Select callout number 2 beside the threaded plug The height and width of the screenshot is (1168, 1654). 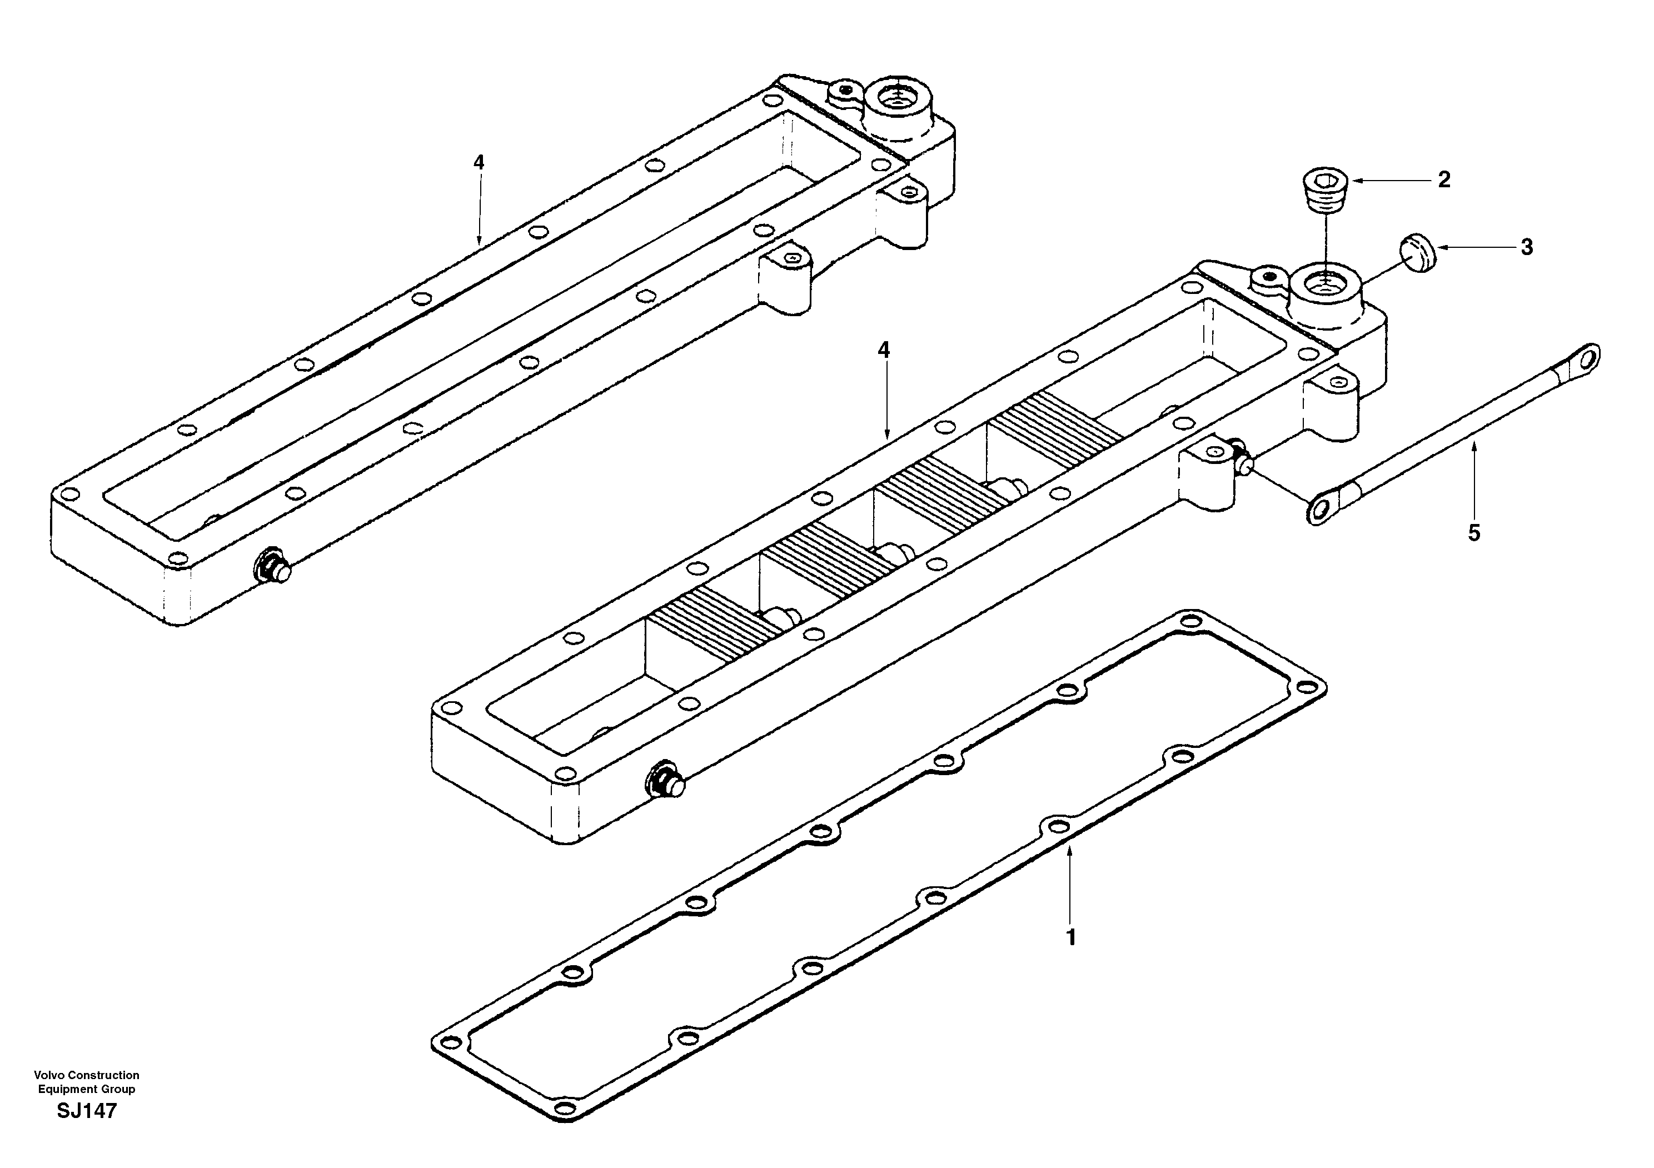pyautogui.click(x=1444, y=180)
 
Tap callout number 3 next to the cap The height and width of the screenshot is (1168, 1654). pyautogui.click(x=1527, y=247)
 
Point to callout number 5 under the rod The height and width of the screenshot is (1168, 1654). pyautogui.click(x=1474, y=533)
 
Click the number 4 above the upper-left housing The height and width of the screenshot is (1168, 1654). pyautogui.click(x=479, y=162)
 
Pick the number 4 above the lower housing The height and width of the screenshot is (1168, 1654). pyautogui.click(x=884, y=350)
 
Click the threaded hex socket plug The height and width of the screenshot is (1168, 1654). pyautogui.click(x=1326, y=192)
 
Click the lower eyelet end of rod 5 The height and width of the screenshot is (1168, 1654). pyautogui.click(x=1321, y=510)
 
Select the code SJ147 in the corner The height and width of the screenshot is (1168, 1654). pyautogui.click(x=87, y=1111)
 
